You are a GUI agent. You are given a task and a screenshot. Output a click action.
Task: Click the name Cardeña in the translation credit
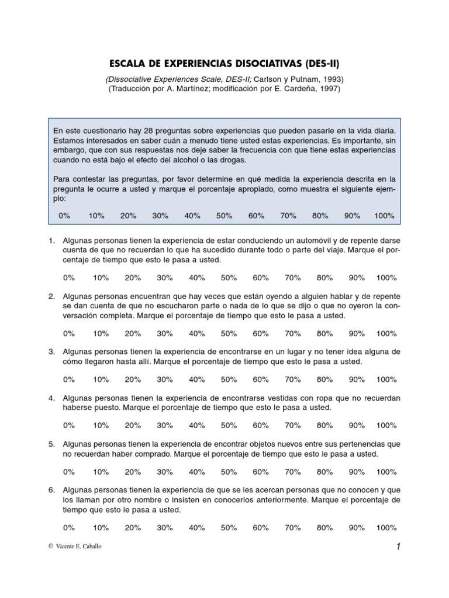(299, 89)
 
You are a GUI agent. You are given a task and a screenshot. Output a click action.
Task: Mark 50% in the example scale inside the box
(224, 215)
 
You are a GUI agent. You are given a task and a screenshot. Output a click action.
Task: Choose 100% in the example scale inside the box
(384, 215)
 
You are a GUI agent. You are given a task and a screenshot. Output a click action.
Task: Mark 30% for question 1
(165, 277)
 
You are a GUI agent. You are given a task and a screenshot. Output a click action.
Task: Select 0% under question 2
(69, 333)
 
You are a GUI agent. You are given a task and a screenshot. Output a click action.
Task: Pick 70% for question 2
(292, 333)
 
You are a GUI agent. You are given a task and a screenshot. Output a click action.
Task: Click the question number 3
(52, 352)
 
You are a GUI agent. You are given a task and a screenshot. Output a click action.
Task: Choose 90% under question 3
(357, 379)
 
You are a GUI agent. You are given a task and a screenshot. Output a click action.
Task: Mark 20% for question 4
(133, 426)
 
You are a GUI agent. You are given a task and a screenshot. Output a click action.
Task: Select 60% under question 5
(261, 471)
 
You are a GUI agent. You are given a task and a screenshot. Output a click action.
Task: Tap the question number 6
(52, 491)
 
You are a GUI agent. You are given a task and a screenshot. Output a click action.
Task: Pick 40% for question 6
(197, 527)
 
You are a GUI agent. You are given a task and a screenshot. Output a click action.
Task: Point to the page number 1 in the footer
(398, 547)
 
